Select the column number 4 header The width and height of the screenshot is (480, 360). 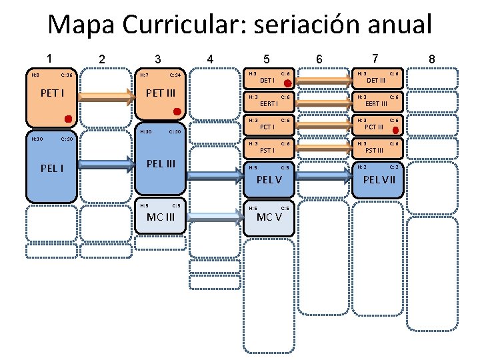click(x=211, y=59)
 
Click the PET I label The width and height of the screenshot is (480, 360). click(x=53, y=93)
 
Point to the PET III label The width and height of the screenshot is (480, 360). click(x=161, y=93)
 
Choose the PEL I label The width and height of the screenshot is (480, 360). click(x=53, y=168)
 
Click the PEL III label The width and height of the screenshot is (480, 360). click(x=161, y=163)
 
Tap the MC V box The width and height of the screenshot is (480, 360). click(x=269, y=217)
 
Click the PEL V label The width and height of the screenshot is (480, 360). click(x=269, y=179)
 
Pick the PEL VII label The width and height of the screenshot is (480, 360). click(x=379, y=179)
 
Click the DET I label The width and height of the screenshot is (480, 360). click(x=267, y=80)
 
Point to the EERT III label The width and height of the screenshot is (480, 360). click(x=377, y=103)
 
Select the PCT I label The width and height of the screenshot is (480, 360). click(x=267, y=127)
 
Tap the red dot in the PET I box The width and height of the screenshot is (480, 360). click(x=68, y=119)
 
